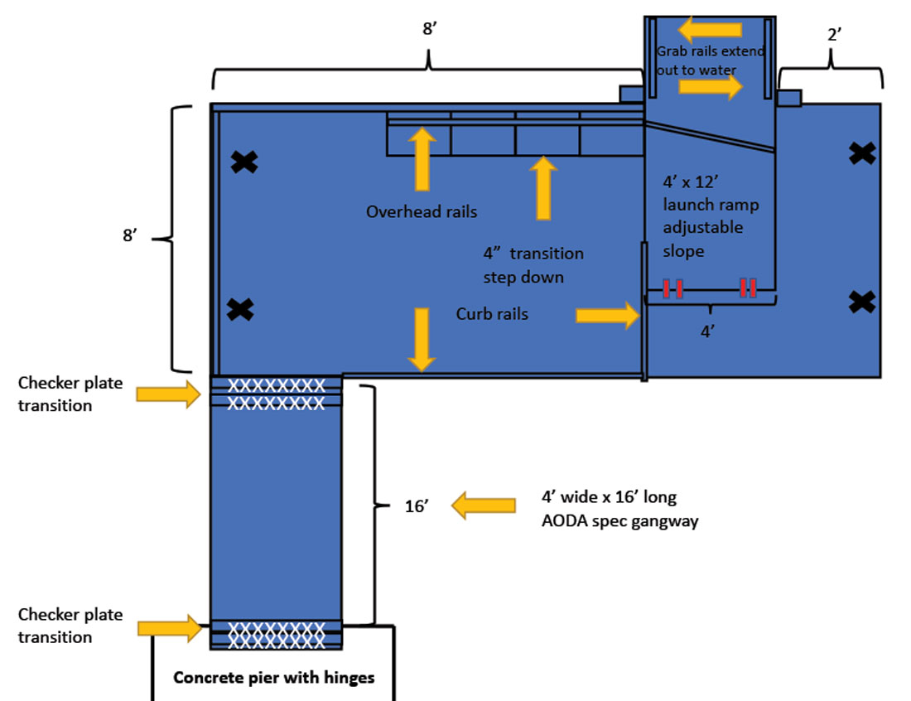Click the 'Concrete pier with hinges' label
click(x=273, y=678)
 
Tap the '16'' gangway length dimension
click(x=416, y=506)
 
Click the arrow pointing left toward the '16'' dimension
click(x=483, y=505)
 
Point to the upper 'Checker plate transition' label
click(x=70, y=394)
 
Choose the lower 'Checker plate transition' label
click(x=70, y=626)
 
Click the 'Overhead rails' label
click(x=422, y=212)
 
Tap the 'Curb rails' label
click(x=492, y=314)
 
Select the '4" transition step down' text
click(x=533, y=265)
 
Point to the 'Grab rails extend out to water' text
click(x=710, y=60)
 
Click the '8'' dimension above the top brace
click(x=428, y=29)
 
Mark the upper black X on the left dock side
click(x=243, y=162)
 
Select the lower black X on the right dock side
click(x=862, y=302)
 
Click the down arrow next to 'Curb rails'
click(x=422, y=339)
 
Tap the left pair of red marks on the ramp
click(x=672, y=288)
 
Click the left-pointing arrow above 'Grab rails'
click(x=710, y=31)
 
